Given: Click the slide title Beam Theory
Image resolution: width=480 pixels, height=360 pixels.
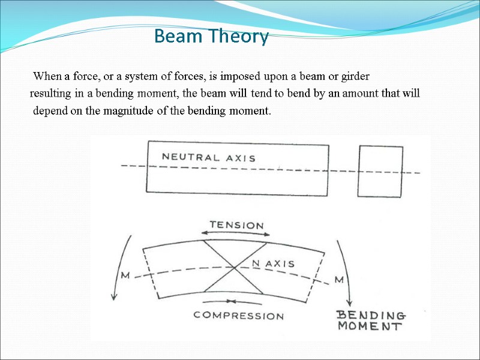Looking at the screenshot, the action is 211,37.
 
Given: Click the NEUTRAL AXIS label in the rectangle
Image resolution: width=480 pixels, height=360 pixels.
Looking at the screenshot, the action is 209,158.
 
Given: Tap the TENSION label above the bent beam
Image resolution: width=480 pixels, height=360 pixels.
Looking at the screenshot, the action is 236,225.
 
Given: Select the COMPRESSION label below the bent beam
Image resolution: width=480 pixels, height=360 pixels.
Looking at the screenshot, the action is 239,316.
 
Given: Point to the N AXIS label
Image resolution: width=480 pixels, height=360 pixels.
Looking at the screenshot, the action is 272,263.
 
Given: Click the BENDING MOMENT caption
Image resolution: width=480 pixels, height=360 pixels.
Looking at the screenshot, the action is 371,321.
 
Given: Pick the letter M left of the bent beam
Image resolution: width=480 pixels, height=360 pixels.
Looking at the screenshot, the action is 126,275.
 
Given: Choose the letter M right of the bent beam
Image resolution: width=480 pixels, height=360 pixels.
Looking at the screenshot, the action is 339,280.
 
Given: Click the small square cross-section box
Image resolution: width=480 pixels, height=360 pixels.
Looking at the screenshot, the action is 380,171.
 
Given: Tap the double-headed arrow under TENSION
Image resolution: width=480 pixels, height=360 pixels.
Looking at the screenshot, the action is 236,235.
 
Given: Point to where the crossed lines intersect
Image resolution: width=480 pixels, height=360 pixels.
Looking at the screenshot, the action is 235,268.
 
